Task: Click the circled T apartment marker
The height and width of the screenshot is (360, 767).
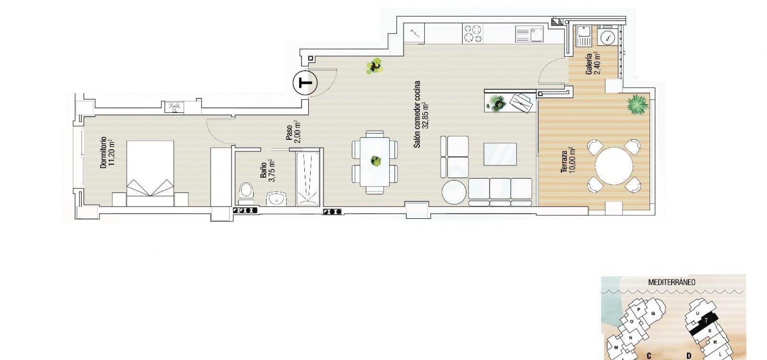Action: click(x=305, y=83)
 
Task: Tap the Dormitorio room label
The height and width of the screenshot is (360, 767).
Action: click(x=103, y=153)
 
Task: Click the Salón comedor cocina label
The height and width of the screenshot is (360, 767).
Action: click(x=417, y=115)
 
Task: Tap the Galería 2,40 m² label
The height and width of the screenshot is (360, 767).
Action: click(x=593, y=63)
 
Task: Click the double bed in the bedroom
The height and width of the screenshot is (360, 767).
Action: click(x=150, y=174)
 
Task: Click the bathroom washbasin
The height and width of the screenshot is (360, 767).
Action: click(x=276, y=198)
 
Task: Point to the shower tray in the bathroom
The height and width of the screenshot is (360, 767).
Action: click(x=308, y=179)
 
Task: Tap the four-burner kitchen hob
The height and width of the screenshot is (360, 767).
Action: click(x=473, y=34)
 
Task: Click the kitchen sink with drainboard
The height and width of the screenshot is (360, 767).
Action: click(x=529, y=35)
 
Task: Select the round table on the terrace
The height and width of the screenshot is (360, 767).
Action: click(x=614, y=166)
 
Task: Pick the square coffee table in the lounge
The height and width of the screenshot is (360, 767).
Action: click(x=500, y=154)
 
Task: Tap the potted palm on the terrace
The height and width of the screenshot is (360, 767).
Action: click(x=638, y=105)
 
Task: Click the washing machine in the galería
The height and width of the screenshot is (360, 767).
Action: click(x=608, y=35)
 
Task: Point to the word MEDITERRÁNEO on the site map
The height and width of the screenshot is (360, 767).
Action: click(x=671, y=283)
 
